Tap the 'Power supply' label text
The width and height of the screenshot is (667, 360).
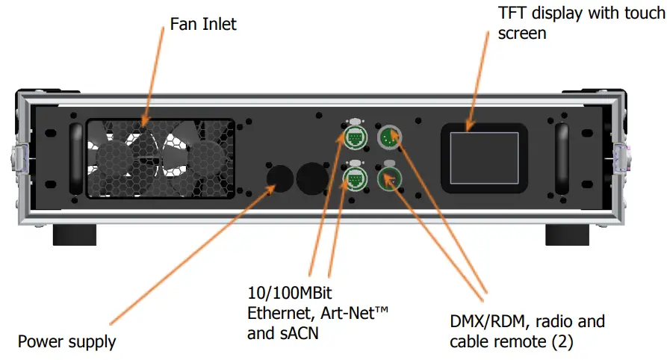pos(67,342)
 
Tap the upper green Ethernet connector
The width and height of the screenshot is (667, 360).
pos(355,138)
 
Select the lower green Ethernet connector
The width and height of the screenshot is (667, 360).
pos(355,179)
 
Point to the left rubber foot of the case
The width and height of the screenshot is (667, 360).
pos(74,235)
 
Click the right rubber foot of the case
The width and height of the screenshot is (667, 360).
pos(568,235)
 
